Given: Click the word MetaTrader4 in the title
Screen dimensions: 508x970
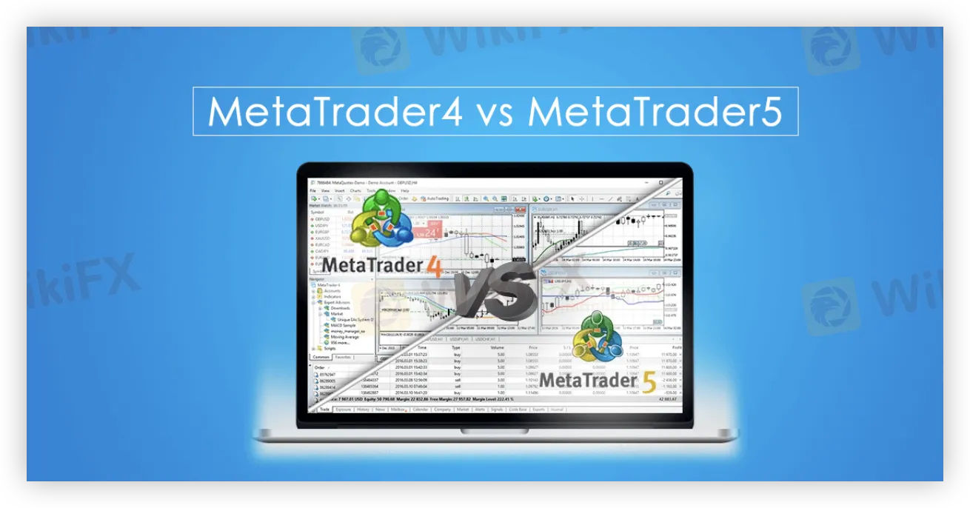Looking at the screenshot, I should [x=335, y=112].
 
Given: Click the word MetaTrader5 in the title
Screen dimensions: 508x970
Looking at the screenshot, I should [x=656, y=112].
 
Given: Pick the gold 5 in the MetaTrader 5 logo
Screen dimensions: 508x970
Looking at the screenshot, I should [x=649, y=382].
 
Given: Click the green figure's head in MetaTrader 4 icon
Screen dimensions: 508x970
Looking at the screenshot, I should [x=383, y=199].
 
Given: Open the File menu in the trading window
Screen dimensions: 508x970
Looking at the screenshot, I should [x=313, y=190].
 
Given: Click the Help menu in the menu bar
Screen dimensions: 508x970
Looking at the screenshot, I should [x=404, y=190].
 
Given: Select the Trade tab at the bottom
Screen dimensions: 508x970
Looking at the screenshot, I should [x=324, y=409].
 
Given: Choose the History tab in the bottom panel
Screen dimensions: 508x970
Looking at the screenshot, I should [x=363, y=409].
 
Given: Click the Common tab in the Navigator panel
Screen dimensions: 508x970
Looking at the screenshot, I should [x=321, y=357].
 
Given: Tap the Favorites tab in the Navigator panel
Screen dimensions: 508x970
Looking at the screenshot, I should [x=343, y=357].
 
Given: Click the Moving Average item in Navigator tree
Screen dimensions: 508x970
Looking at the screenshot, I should [x=345, y=337].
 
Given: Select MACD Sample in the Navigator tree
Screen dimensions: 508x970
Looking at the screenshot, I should [x=344, y=325].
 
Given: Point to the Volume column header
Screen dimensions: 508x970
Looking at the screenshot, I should [x=497, y=347].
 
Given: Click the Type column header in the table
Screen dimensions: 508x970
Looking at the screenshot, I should [x=456, y=347].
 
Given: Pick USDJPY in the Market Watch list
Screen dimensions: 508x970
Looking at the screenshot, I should [x=321, y=224].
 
